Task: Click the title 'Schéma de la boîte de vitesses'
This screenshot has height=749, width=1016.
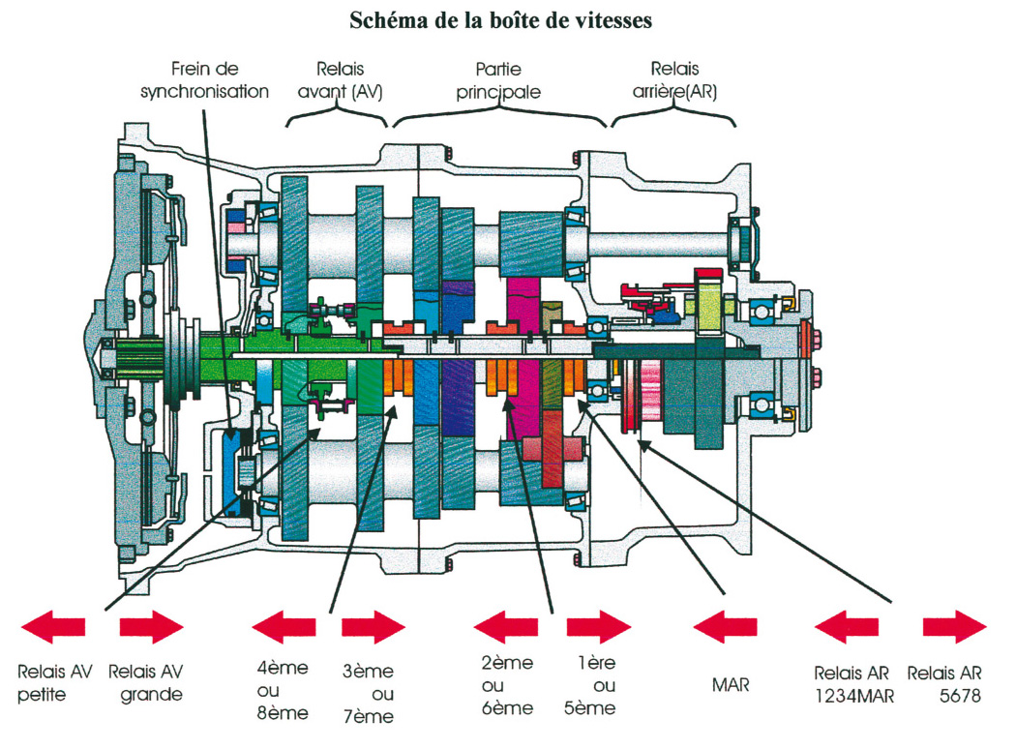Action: tap(507, 21)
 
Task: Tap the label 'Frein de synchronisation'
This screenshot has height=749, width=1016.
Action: tap(204, 80)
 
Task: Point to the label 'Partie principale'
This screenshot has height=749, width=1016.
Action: tap(499, 80)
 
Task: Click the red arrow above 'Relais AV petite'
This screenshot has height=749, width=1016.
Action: tap(52, 627)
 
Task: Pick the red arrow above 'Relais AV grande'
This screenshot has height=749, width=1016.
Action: tap(151, 627)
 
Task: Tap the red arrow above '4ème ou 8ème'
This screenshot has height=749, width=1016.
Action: tap(284, 627)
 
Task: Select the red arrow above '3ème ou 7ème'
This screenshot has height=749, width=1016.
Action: tap(374, 627)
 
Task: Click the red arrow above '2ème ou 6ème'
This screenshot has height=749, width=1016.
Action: tap(506, 627)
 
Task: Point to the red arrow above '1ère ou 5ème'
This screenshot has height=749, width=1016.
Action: tap(598, 627)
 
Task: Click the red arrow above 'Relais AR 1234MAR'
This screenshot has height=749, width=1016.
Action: tap(847, 627)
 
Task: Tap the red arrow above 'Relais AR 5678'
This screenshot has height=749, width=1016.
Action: tap(954, 627)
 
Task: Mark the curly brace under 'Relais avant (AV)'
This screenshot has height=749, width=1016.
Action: tap(336, 118)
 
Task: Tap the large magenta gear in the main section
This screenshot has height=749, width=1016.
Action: tap(525, 387)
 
